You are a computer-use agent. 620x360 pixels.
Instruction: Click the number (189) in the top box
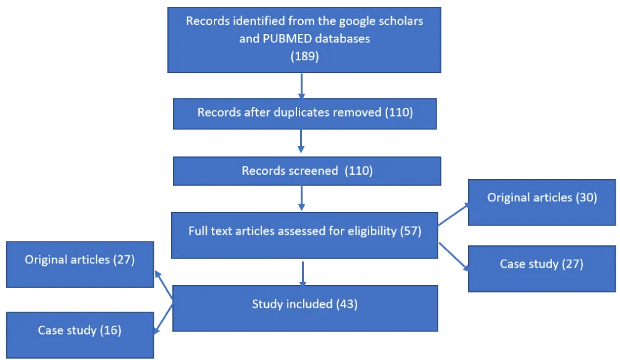[x=304, y=56]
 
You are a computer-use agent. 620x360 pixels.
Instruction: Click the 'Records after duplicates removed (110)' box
[x=304, y=113]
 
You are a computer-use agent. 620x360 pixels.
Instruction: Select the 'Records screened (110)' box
[x=307, y=170]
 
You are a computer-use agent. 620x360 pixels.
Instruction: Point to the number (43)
[x=346, y=304]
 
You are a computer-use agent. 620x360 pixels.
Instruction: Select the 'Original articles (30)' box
[x=541, y=198]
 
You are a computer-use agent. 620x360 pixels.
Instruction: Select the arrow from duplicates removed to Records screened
[x=301, y=141]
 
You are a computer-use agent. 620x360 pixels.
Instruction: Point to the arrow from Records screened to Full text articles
[x=301, y=199]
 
